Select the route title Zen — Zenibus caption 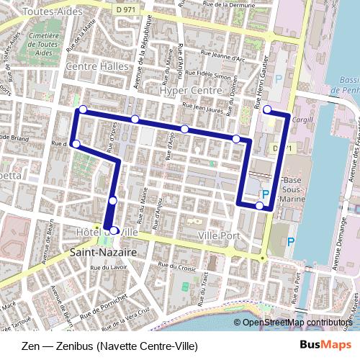tap(109, 346)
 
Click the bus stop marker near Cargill tap(267, 109)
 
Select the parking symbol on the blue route tap(265, 194)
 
